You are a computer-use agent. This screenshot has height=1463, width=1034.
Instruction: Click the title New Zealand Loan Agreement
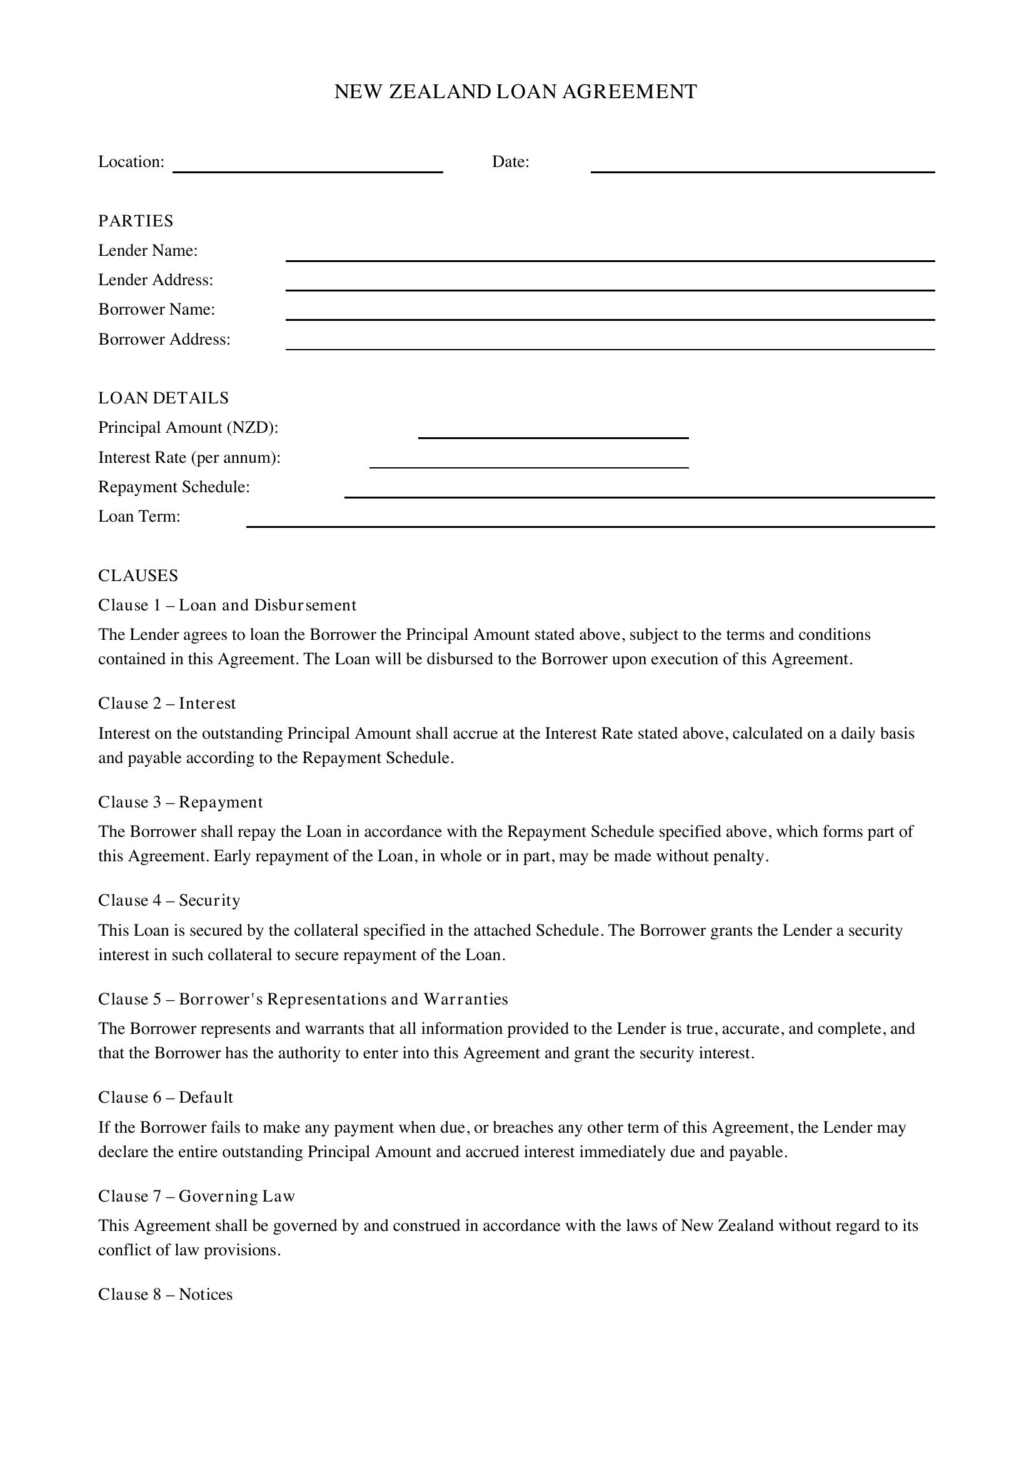pos(516,92)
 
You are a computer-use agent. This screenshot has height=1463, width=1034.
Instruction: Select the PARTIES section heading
pos(136,220)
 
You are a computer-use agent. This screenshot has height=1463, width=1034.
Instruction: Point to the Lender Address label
pos(156,280)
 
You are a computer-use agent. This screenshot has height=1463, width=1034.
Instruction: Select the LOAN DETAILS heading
pos(163,398)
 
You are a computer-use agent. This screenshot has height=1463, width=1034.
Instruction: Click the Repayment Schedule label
pos(174,487)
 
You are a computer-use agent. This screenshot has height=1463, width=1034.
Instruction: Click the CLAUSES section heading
pos(138,575)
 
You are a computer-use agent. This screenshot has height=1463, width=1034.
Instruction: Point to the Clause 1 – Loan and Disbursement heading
pos(228,605)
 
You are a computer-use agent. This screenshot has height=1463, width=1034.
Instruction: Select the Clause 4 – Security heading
pos(169,900)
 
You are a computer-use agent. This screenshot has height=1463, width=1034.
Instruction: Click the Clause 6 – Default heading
pos(166,1097)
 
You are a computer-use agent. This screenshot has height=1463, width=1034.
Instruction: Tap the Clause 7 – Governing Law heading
pos(197,1196)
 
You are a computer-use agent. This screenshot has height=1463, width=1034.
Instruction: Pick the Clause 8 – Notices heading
pos(166,1294)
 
